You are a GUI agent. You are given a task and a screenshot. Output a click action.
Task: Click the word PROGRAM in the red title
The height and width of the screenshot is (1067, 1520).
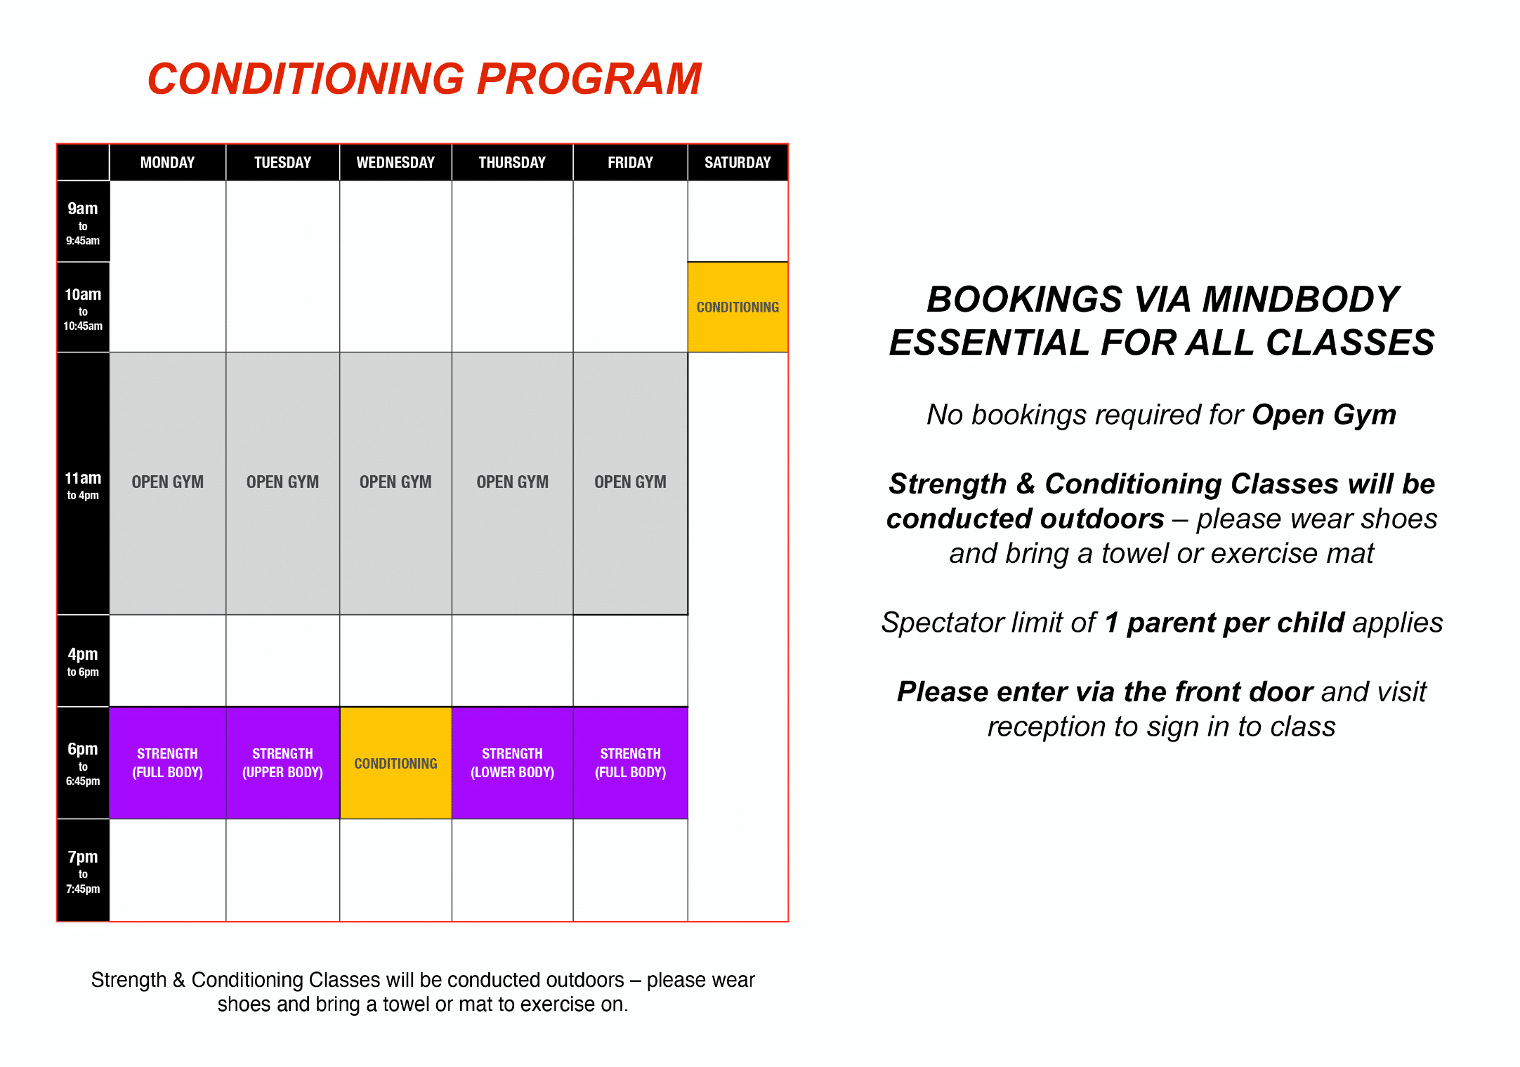click(x=589, y=79)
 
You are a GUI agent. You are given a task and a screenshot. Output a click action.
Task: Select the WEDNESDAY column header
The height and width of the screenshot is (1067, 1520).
click(x=395, y=163)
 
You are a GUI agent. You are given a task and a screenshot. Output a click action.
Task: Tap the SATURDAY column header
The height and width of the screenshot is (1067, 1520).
click(x=738, y=163)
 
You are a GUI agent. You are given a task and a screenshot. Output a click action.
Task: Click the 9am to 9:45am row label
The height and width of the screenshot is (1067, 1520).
click(x=83, y=223)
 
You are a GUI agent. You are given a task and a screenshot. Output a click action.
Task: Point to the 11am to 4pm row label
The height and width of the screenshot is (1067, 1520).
click(x=83, y=485)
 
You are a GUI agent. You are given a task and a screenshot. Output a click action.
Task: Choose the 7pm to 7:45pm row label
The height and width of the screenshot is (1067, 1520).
click(x=83, y=871)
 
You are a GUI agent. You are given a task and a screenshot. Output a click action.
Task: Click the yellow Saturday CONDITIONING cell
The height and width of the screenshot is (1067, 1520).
click(x=738, y=307)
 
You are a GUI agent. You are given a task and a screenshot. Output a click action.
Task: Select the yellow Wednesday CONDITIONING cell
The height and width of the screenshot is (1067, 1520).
click(x=395, y=763)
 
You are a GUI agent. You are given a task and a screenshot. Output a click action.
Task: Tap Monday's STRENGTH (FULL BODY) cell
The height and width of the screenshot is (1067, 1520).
click(x=167, y=763)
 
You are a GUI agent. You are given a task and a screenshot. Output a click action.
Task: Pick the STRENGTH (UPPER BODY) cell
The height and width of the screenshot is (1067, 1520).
click(x=282, y=763)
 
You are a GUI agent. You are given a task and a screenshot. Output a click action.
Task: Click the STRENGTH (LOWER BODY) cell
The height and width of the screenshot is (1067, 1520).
click(x=512, y=763)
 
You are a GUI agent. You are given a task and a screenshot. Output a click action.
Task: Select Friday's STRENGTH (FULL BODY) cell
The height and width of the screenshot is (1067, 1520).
click(x=630, y=763)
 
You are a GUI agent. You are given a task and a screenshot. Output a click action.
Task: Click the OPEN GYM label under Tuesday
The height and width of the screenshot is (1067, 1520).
click(x=282, y=482)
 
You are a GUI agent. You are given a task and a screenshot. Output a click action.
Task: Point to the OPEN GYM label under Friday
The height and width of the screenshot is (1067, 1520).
click(x=630, y=482)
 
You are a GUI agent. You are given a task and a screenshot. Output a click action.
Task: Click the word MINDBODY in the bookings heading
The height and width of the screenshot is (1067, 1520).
click(x=1301, y=300)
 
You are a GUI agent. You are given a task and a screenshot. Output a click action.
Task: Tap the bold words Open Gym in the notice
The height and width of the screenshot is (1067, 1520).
click(x=1324, y=416)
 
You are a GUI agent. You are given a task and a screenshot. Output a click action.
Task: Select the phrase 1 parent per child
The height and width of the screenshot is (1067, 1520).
click(x=1224, y=623)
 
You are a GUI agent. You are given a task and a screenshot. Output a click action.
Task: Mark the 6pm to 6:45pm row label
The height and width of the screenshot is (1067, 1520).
click(x=83, y=763)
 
